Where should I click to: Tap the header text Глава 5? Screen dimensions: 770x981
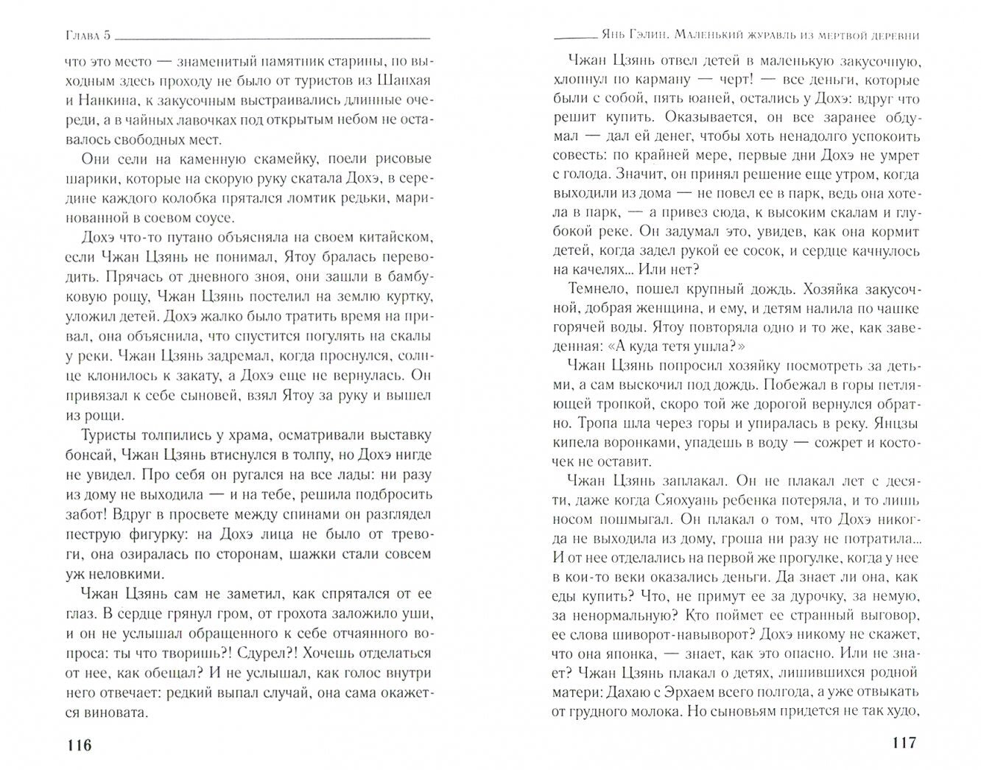point(85,35)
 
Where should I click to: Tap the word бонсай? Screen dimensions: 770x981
point(92,455)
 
